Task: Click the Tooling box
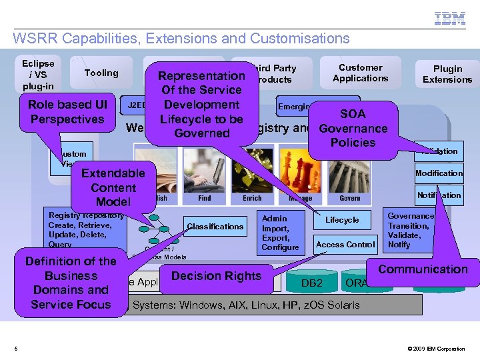(101, 73)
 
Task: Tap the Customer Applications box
(361, 73)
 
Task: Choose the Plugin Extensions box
(447, 73)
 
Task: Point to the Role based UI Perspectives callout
(67, 112)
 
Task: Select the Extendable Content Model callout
(113, 187)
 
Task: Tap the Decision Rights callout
(216, 276)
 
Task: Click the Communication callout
(423, 269)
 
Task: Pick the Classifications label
(215, 227)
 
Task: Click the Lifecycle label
(342, 220)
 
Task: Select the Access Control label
(345, 245)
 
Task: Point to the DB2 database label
(312, 283)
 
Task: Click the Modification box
(439, 173)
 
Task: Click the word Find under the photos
(205, 198)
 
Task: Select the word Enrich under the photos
(252, 198)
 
